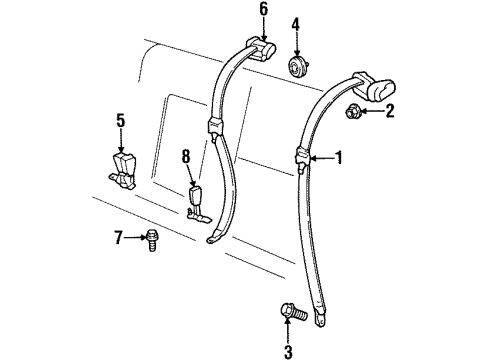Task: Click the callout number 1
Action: (x=338, y=157)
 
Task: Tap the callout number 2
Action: (x=391, y=112)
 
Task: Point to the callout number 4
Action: (x=296, y=24)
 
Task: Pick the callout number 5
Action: (x=119, y=121)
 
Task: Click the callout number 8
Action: (x=185, y=156)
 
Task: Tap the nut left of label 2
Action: (x=356, y=112)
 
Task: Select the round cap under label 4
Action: (x=297, y=67)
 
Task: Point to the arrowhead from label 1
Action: (x=312, y=157)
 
